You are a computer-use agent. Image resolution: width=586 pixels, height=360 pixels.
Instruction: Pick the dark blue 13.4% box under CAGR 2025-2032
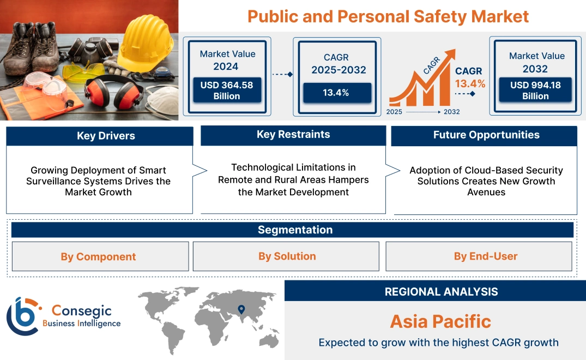click(x=336, y=92)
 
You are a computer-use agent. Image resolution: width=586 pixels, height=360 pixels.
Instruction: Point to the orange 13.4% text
click(x=469, y=83)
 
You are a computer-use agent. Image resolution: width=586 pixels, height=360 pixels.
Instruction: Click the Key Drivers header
click(x=99, y=136)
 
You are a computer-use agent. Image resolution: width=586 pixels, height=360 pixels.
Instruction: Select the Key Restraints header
click(x=293, y=135)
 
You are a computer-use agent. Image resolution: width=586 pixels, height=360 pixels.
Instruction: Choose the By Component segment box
click(x=99, y=256)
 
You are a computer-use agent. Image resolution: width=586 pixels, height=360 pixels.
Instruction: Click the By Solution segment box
click(x=287, y=256)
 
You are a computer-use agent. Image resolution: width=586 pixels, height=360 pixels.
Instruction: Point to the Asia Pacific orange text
click(x=440, y=321)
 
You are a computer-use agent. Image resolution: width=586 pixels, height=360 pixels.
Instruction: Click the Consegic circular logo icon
click(x=23, y=317)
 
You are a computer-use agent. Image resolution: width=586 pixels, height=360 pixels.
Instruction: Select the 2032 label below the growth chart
click(x=451, y=112)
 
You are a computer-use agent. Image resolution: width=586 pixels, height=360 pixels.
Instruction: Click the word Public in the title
click(x=269, y=16)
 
